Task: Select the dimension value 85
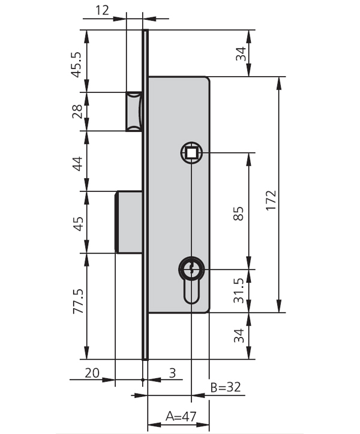click(x=238, y=213)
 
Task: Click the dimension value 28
click(x=77, y=111)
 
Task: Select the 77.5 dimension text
click(x=77, y=306)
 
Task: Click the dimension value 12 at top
click(x=102, y=10)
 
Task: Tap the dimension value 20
click(x=91, y=372)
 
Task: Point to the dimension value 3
click(x=172, y=373)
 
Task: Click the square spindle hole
click(x=191, y=153)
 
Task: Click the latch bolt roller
click(x=133, y=111)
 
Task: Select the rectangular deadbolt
click(x=128, y=221)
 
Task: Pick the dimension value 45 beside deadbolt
click(x=77, y=222)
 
